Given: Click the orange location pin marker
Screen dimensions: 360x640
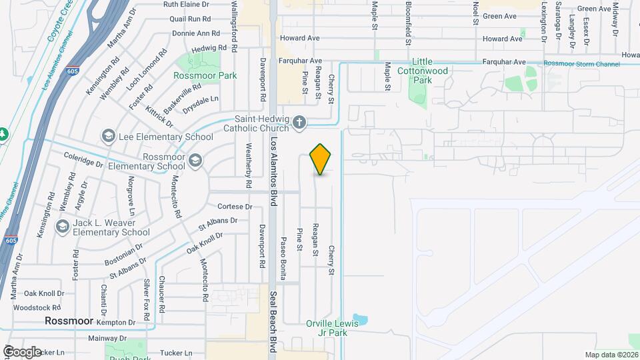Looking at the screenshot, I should tap(321, 159).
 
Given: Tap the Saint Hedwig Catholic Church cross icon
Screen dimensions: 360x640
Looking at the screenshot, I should tap(299, 122).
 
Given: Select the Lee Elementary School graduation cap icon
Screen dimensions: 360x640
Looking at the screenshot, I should tap(108, 137).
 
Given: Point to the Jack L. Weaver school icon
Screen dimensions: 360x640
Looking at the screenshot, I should tap(63, 226).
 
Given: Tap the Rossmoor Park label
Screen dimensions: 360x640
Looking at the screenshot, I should tap(205, 75).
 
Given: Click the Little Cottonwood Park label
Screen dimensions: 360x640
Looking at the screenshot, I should tap(423, 71).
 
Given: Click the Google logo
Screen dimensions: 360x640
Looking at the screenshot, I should tap(22, 351).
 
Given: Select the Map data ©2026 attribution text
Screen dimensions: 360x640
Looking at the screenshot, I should tap(611, 355).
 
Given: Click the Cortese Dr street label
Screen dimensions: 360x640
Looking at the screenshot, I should tap(235, 207).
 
